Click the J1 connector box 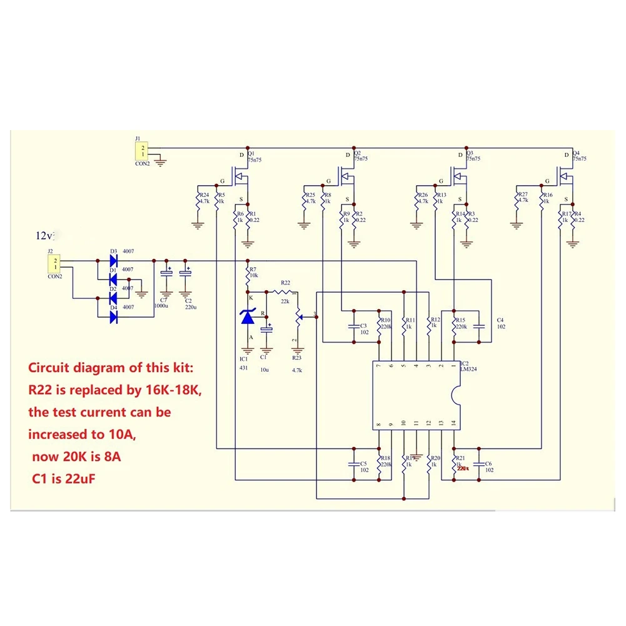tap(143, 151)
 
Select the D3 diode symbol tap(114, 260)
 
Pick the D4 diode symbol tap(114, 317)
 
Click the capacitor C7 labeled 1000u tap(166, 274)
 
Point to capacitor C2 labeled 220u tap(185, 274)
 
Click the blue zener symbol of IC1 tap(248, 318)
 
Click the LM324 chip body tap(416, 395)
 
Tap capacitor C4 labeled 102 tap(478, 326)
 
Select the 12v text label tap(45, 236)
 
